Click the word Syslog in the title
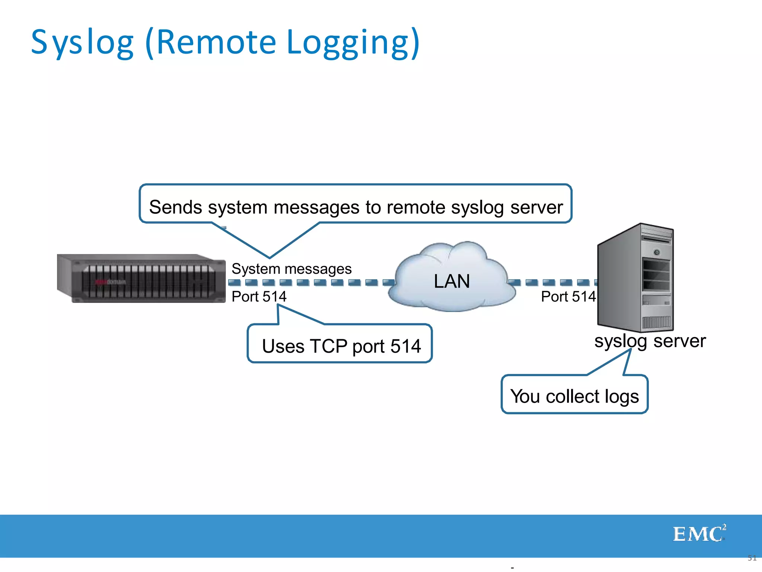82,43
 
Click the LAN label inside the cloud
452,282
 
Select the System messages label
291,269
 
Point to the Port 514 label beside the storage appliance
259,297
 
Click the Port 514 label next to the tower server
568,297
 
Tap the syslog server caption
650,341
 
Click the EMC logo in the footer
699,534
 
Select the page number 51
752,558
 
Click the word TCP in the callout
329,346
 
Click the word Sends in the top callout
176,207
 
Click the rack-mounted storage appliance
141,279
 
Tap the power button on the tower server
657,252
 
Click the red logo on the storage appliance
101,282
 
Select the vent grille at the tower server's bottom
656,322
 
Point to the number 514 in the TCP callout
406,346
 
